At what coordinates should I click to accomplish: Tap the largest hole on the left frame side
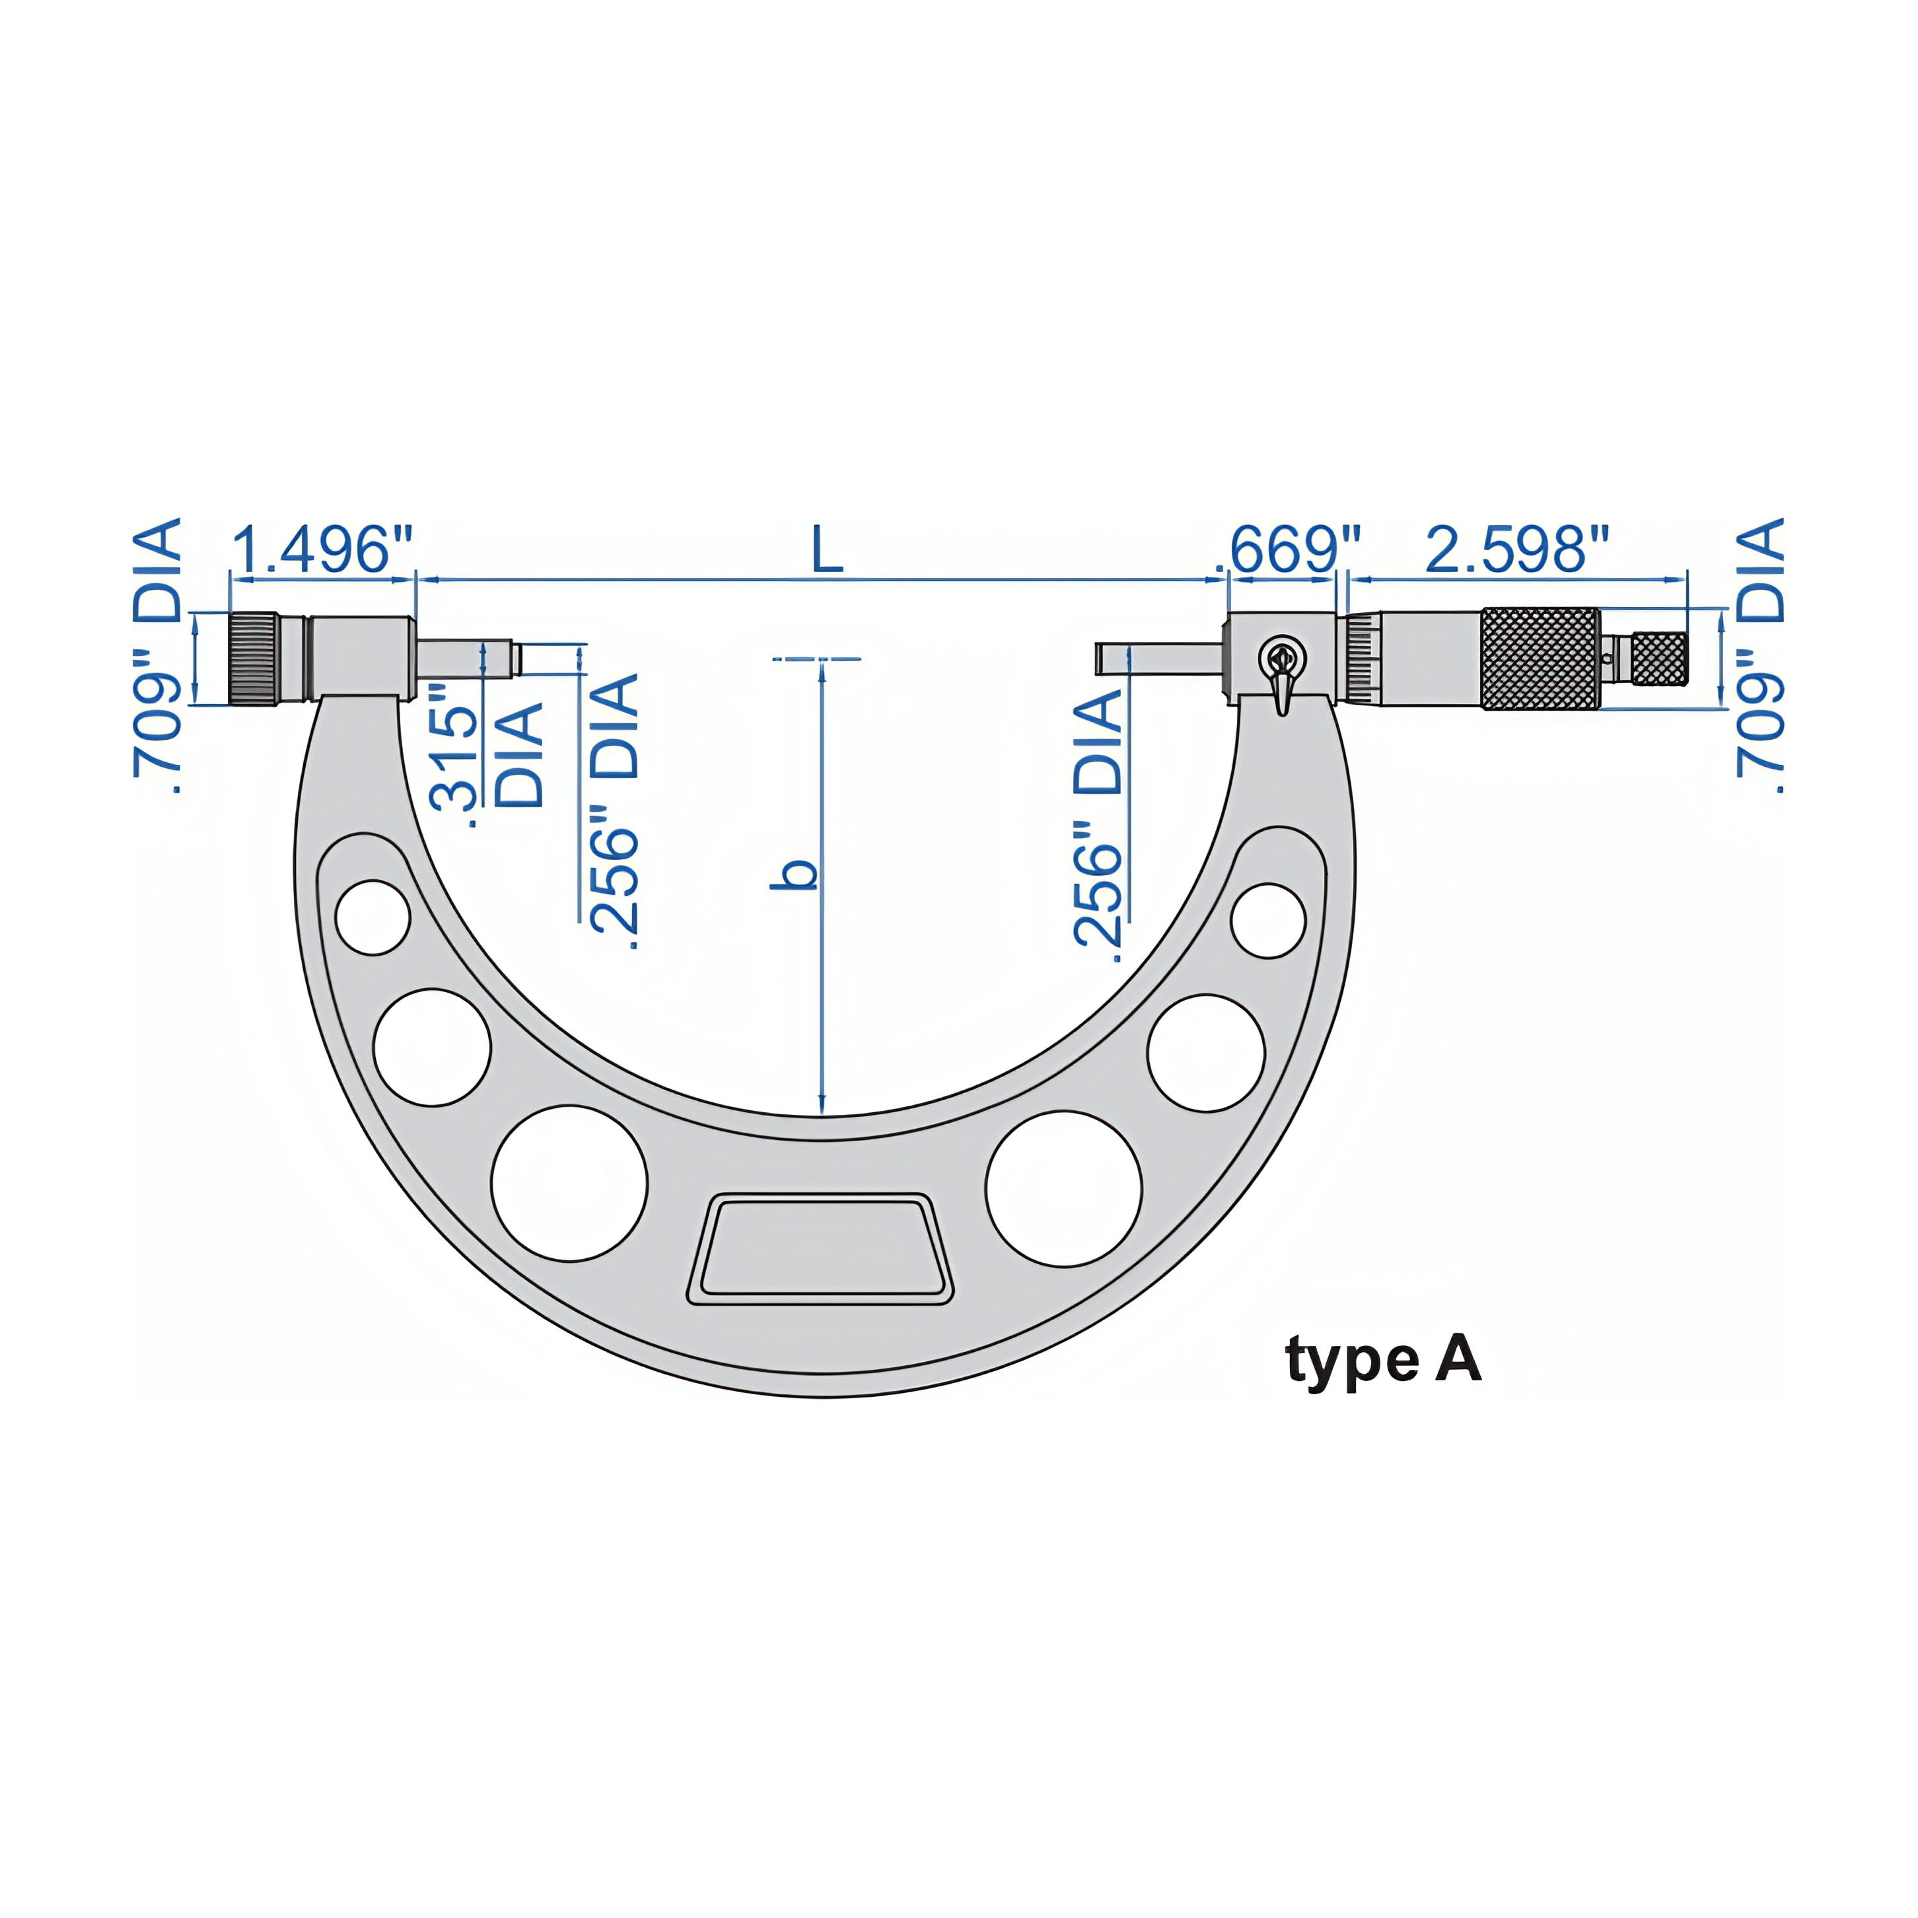coord(569,1184)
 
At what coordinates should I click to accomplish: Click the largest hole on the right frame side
coord(1063,1188)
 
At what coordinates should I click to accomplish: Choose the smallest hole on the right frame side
coord(1267,920)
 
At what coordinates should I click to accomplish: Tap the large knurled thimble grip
coord(1540,659)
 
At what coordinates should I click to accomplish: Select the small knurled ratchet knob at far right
coord(1659,659)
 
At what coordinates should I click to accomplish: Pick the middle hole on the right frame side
coord(1205,1052)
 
